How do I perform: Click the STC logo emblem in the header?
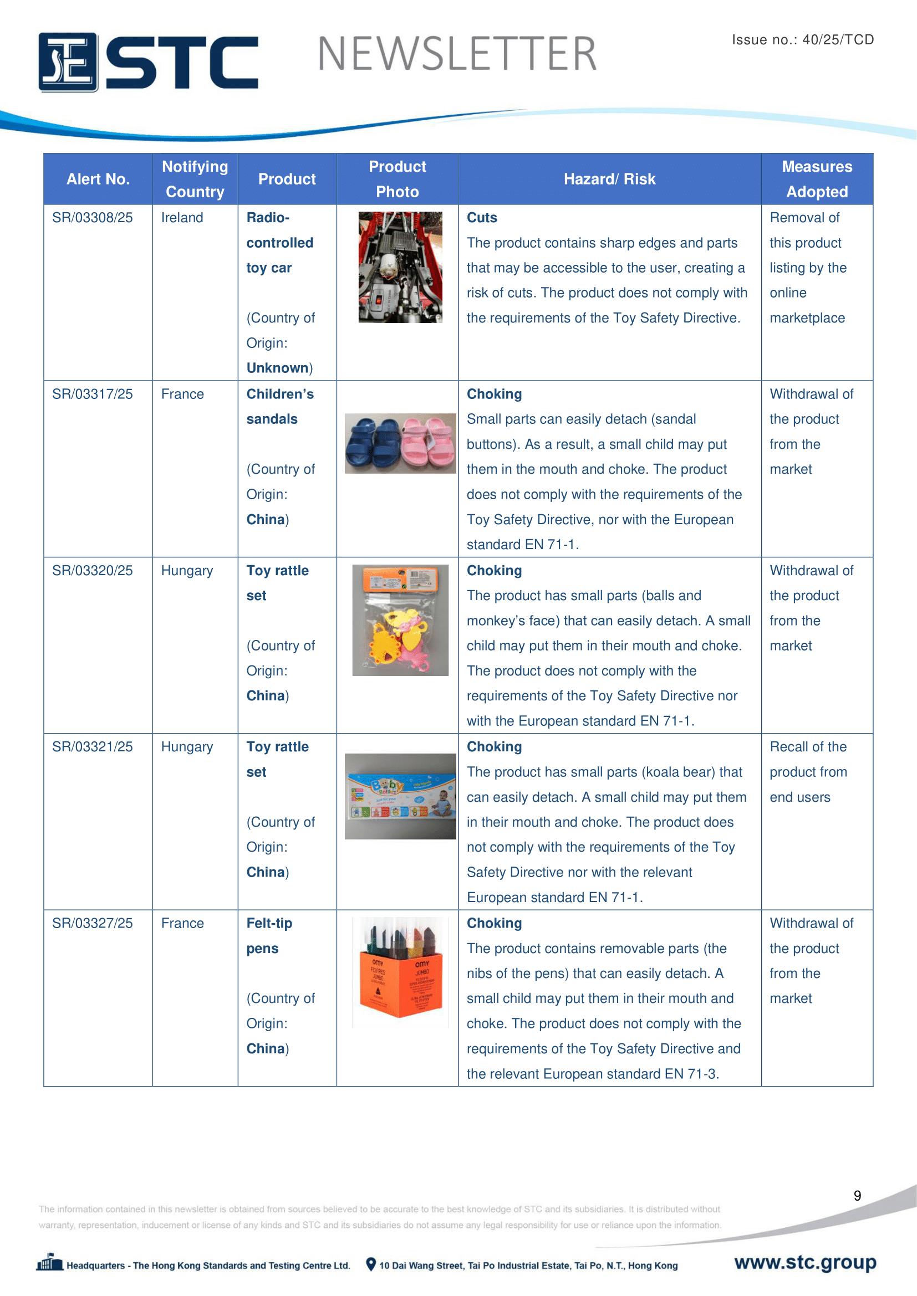coord(68,62)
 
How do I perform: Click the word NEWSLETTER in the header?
coord(457,54)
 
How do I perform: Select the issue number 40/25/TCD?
coord(838,39)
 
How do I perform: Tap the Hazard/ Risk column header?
coord(609,180)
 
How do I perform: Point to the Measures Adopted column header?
coord(817,179)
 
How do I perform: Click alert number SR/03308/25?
coord(93,218)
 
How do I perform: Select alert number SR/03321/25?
coord(93,747)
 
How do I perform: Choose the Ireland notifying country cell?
coord(182,218)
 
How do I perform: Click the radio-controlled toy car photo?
coord(400,267)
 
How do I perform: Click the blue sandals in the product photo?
coord(371,444)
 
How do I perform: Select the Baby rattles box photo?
coord(400,796)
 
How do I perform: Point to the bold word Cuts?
coord(482,218)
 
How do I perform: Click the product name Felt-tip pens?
coord(269,935)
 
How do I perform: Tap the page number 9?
coord(857,1196)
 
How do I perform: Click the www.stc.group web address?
coord(805,1262)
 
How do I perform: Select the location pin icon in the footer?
coord(371,1264)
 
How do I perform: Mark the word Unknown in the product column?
coord(278,368)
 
